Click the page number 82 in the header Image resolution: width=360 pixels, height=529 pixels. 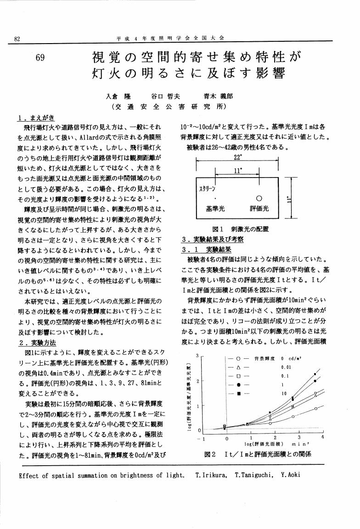click(x=17, y=39)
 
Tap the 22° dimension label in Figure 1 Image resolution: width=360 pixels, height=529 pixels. click(x=237, y=156)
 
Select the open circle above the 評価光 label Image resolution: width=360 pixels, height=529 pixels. click(x=259, y=199)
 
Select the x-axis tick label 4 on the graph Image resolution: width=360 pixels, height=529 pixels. click(x=323, y=438)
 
